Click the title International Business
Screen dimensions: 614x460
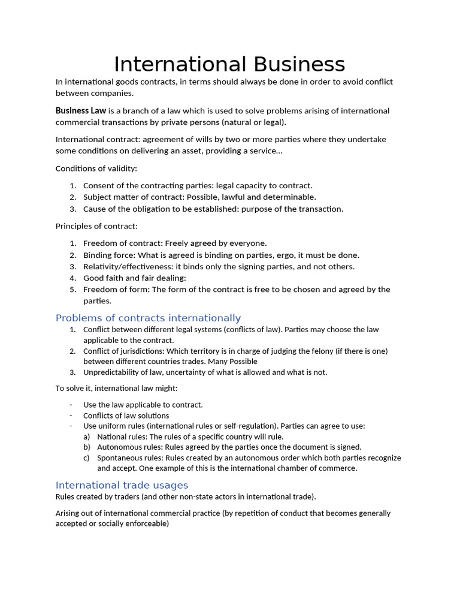[229, 64]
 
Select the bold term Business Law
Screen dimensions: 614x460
[81, 111]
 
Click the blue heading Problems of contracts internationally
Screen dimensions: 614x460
[148, 318]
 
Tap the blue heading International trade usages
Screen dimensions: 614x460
[122, 485]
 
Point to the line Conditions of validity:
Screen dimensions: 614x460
[96, 168]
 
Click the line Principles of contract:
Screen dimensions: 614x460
[96, 226]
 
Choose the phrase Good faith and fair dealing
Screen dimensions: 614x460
[134, 278]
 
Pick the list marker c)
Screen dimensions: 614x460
[87, 458]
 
